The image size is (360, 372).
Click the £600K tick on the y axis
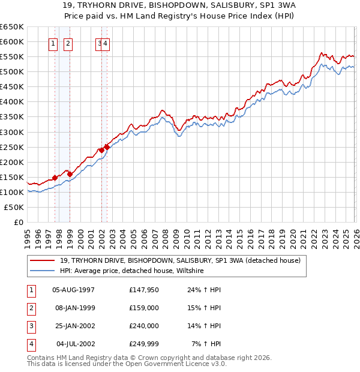(x=12, y=41)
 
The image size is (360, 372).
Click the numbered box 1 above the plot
(x=53, y=43)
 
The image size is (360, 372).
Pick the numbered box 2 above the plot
(x=68, y=43)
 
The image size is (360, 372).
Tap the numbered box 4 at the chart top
(x=106, y=43)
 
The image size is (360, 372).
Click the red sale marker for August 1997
(x=55, y=178)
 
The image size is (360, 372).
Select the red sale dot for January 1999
(x=70, y=174)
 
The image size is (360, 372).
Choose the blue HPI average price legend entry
(x=132, y=271)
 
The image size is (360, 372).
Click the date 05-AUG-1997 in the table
(x=74, y=290)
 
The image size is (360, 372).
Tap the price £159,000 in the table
(x=144, y=308)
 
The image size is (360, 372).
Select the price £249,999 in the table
(x=144, y=344)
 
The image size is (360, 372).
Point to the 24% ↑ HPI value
(x=205, y=290)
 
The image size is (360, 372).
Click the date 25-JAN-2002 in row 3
(x=74, y=326)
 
